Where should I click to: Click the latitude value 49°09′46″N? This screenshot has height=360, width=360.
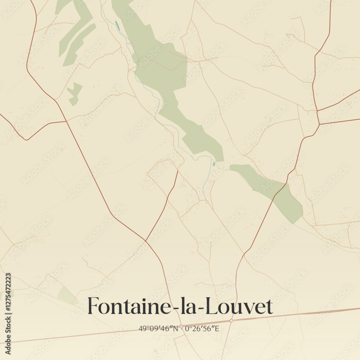point(158,328)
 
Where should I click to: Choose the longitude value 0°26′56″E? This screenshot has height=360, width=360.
point(202,328)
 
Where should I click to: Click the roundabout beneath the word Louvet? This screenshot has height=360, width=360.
point(231,320)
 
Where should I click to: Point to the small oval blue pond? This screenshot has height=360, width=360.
point(214,164)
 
